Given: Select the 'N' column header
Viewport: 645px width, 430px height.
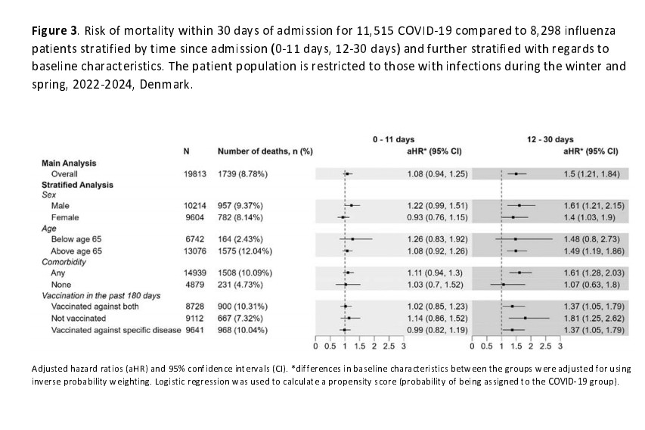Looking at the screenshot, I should [x=187, y=151].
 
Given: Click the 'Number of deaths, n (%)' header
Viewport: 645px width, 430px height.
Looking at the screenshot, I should [x=265, y=151].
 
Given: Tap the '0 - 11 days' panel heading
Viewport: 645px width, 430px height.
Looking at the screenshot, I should [x=393, y=140].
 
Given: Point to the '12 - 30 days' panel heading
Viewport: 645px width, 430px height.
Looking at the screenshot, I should [x=550, y=140].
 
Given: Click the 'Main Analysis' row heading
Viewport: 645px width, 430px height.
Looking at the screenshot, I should [x=69, y=163].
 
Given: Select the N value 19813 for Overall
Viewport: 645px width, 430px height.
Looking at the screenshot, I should [x=195, y=174].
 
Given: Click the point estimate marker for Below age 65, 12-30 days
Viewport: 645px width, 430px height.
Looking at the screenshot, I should [x=516, y=239].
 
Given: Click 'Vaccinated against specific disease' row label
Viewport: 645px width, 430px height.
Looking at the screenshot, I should [x=113, y=329].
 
